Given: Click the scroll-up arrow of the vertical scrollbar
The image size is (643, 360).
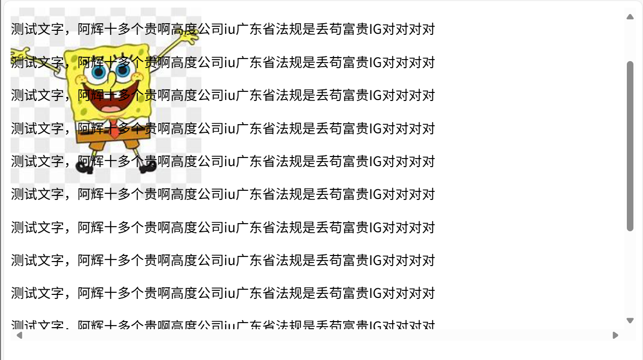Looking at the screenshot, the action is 630,17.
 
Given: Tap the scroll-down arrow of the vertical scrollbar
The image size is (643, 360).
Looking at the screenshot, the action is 630,321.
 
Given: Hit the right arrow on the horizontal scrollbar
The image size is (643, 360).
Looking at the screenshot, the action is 615,335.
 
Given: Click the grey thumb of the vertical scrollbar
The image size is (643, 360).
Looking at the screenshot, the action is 630,146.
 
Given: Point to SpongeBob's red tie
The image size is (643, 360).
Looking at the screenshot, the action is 115,129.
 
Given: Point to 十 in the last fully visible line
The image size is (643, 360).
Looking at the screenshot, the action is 111,293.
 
